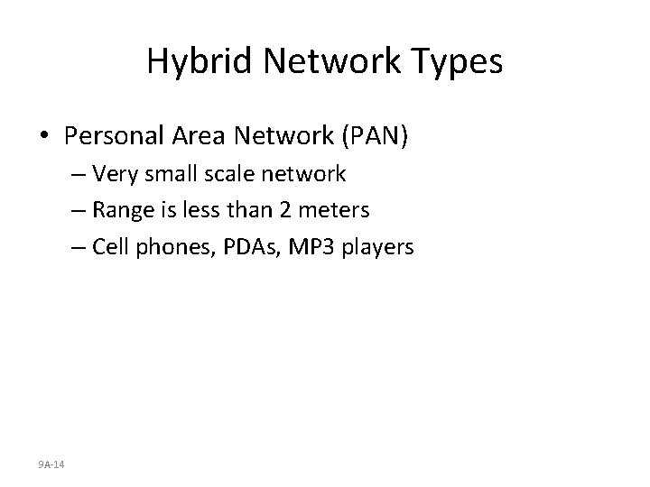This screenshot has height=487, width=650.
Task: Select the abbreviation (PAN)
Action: point(375,137)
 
